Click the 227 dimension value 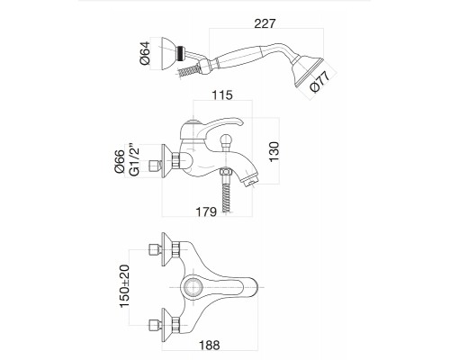(x=265, y=23)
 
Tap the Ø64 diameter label (x=145, y=53)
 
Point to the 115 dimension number (x=222, y=95)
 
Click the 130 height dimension (x=274, y=152)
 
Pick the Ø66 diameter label (x=120, y=161)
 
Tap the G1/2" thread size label (x=134, y=160)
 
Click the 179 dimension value (x=206, y=211)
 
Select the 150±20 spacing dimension (x=124, y=286)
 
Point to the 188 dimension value (x=210, y=345)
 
